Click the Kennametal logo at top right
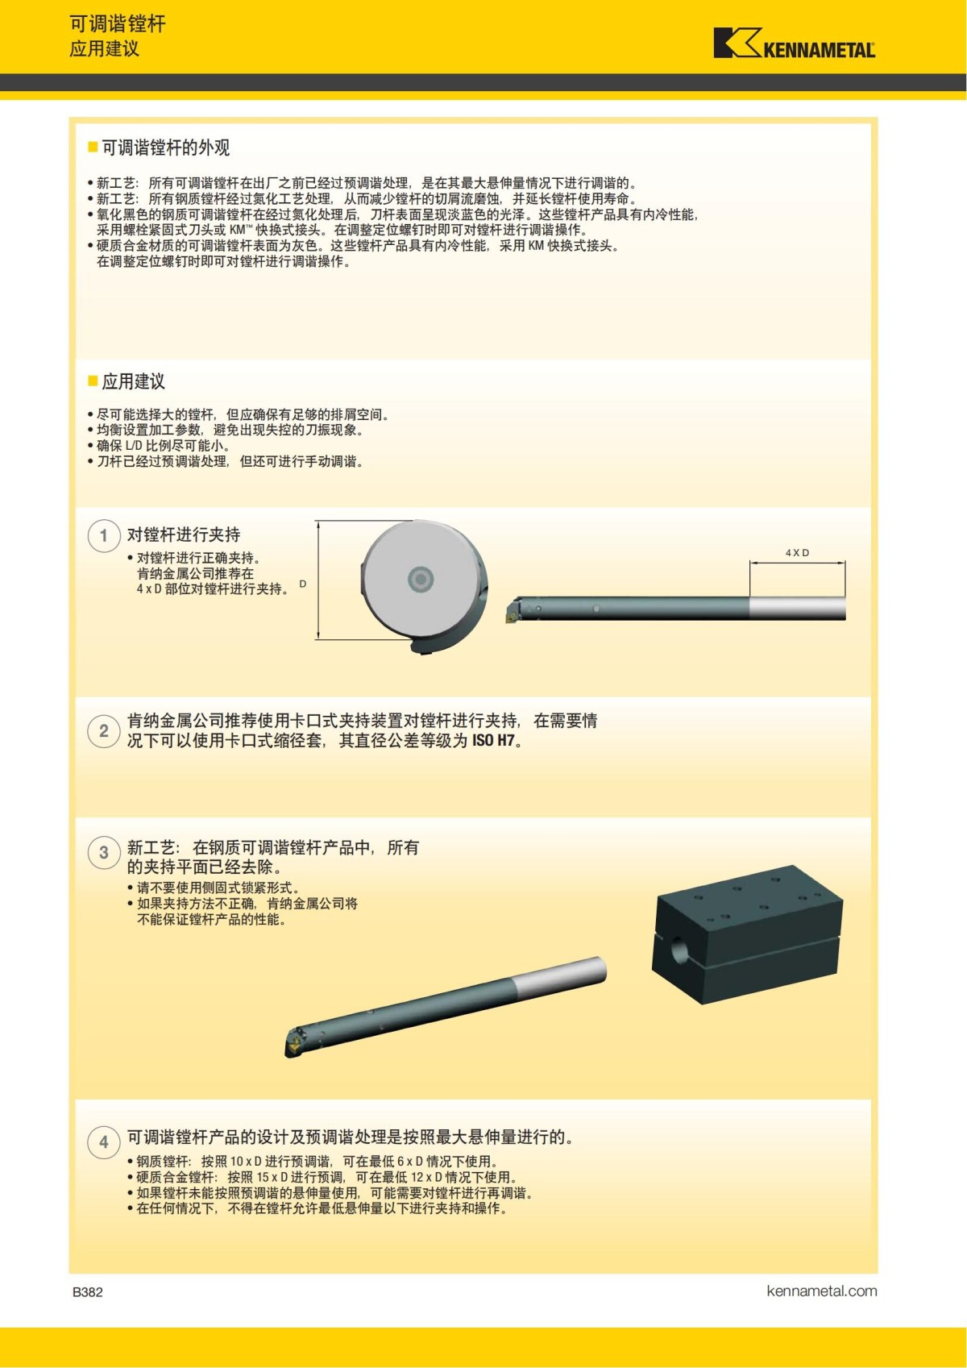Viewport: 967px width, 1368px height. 794,44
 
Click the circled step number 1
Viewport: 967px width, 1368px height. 104,535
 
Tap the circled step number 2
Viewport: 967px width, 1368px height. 104,731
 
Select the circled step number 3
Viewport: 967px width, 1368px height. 104,852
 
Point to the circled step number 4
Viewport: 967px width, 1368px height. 104,1141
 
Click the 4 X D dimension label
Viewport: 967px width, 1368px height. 797,553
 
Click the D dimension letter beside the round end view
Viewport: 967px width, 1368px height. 303,584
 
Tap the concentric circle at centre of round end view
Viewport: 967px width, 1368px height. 421,578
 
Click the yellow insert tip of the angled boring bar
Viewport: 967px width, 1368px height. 293,1046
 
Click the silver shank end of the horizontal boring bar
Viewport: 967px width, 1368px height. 797,608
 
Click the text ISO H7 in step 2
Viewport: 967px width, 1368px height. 493,741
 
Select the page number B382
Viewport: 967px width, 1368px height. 88,1291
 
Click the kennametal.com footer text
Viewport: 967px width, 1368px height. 821,1291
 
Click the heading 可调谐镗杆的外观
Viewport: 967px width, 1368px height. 165,148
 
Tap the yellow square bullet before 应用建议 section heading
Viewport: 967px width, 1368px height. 93,380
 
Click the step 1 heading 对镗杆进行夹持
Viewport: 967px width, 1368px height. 184,534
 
